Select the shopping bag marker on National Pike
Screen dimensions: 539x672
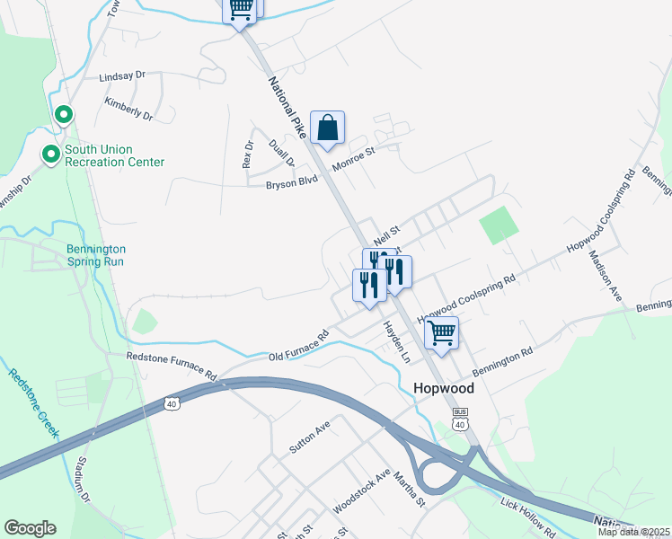click(x=327, y=128)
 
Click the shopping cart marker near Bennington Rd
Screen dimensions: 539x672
click(x=441, y=334)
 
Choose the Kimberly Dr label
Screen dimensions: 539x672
click(x=128, y=110)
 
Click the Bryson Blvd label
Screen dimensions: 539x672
click(x=292, y=186)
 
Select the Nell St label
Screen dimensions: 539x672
click(x=385, y=234)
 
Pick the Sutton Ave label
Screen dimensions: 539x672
click(x=310, y=436)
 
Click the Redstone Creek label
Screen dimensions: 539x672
click(x=34, y=402)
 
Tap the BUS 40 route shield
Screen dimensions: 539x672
click(x=460, y=420)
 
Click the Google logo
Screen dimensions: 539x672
click(x=30, y=528)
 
